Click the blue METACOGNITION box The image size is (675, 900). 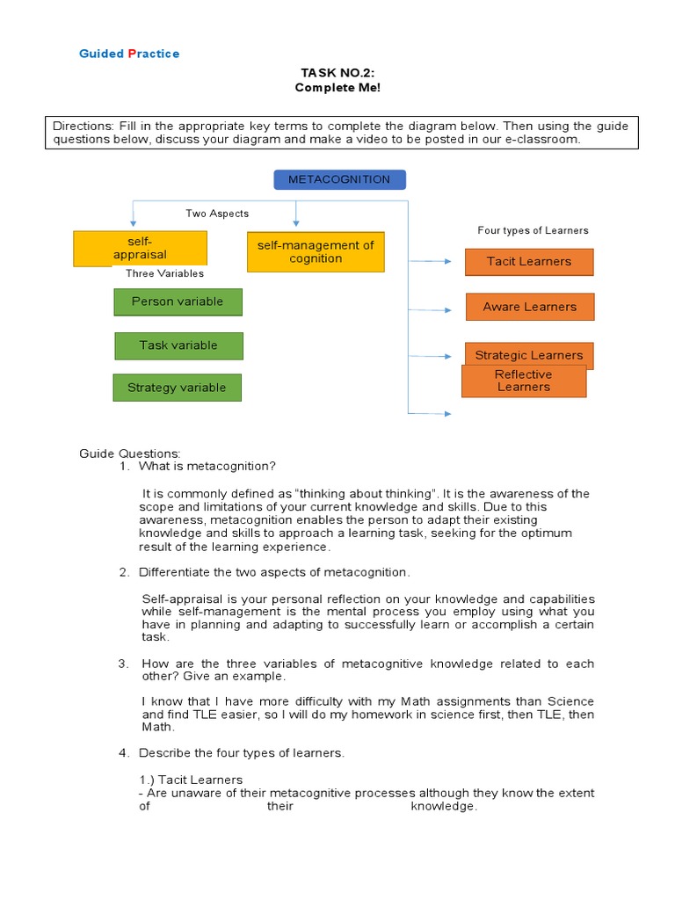click(339, 180)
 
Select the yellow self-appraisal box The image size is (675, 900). click(140, 248)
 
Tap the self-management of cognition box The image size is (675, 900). click(316, 252)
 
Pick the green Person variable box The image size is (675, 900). click(178, 301)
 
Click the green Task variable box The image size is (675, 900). click(178, 345)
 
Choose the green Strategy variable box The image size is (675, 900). click(177, 388)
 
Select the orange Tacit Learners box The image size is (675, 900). click(529, 262)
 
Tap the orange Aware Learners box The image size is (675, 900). click(530, 307)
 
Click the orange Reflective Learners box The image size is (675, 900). click(524, 381)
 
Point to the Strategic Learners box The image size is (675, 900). click(529, 351)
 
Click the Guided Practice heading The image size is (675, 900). click(129, 54)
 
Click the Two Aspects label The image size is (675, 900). click(217, 214)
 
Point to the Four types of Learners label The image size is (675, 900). click(533, 230)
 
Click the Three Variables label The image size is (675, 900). click(164, 273)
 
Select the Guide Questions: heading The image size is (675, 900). click(130, 454)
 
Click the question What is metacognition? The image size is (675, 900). click(207, 466)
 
